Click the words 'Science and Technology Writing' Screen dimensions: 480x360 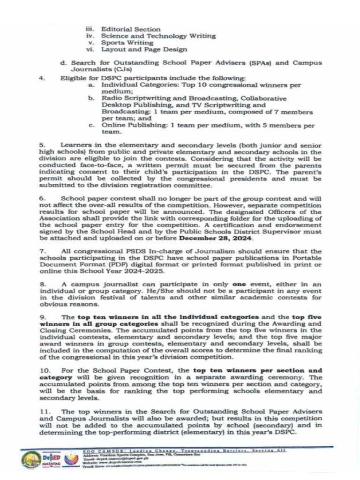tap(158, 36)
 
